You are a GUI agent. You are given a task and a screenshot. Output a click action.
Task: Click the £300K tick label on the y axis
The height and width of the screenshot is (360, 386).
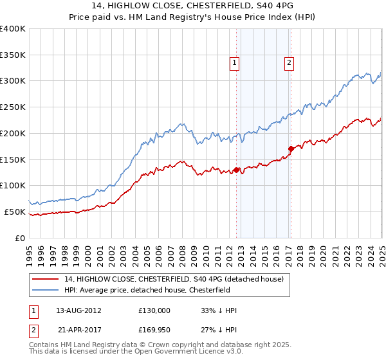tap(13, 81)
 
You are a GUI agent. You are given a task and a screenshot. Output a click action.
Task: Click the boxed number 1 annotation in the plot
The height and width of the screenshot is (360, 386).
tap(234, 63)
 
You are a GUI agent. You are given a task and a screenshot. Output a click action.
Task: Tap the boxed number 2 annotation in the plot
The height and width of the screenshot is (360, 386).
tap(289, 63)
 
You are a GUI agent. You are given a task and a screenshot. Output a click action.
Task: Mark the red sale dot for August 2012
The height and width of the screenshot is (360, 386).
tap(237, 170)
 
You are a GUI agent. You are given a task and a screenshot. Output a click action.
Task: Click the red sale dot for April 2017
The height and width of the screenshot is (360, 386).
tap(291, 149)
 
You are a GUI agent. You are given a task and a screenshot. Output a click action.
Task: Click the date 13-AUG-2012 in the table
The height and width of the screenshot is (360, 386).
tap(78, 310)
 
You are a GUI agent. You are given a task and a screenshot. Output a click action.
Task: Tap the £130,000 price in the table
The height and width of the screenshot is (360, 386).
tap(154, 310)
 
